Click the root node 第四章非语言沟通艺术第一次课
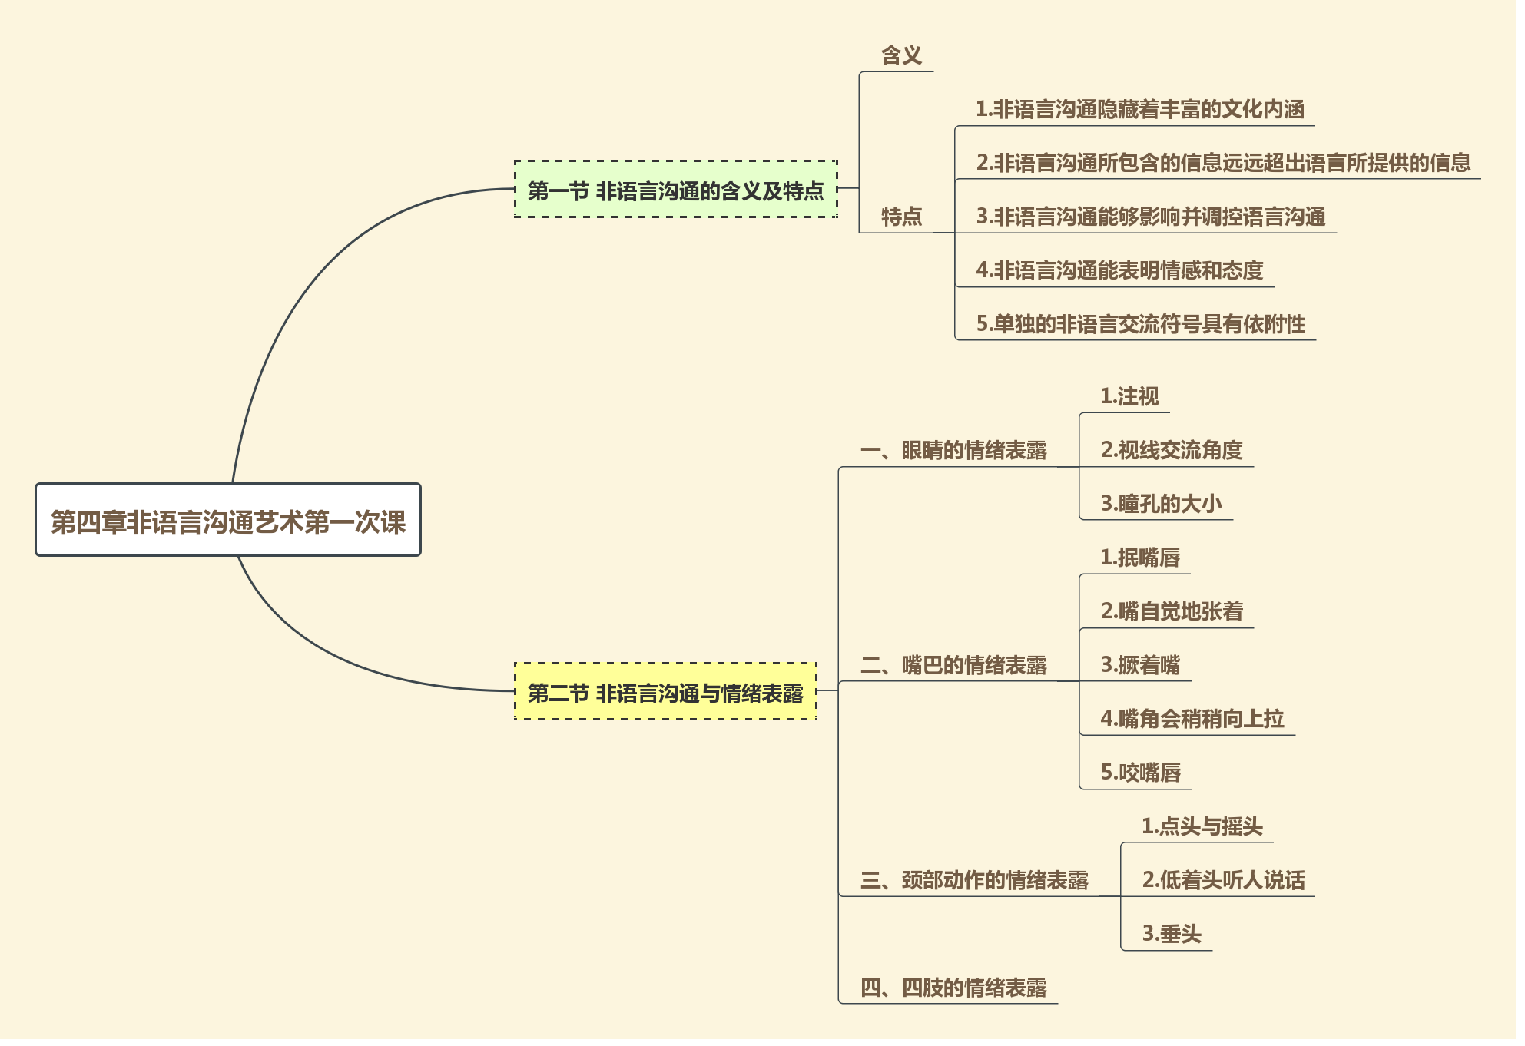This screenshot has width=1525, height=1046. tap(228, 521)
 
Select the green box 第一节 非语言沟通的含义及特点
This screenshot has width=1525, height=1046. tap(675, 190)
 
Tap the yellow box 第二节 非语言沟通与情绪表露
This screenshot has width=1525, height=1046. tap(665, 692)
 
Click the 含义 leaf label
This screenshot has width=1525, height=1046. tap(900, 55)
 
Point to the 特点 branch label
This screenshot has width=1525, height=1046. tap(900, 217)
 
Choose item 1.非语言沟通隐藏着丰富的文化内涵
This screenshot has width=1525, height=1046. tap(1139, 109)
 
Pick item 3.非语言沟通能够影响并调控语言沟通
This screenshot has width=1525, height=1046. tap(1150, 217)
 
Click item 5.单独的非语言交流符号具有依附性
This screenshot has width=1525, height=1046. tap(1140, 324)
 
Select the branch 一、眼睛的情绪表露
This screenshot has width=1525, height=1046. tap(953, 450)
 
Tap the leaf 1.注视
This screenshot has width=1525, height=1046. tap(1129, 396)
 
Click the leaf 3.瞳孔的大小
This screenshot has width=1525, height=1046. tap(1160, 504)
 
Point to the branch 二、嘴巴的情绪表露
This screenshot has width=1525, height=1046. tap(953, 665)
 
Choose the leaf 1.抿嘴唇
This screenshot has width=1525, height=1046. tap(1139, 558)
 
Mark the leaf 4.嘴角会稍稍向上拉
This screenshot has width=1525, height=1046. tap(1192, 719)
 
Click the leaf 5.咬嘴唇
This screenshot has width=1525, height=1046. tap(1140, 773)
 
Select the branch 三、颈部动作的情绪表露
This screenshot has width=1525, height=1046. tap(973, 880)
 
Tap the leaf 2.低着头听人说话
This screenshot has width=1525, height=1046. tap(1223, 880)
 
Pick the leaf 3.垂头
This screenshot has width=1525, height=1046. tap(1171, 934)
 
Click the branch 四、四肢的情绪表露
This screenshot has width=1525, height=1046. tap(953, 988)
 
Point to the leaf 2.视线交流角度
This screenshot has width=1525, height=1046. tap(1171, 450)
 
